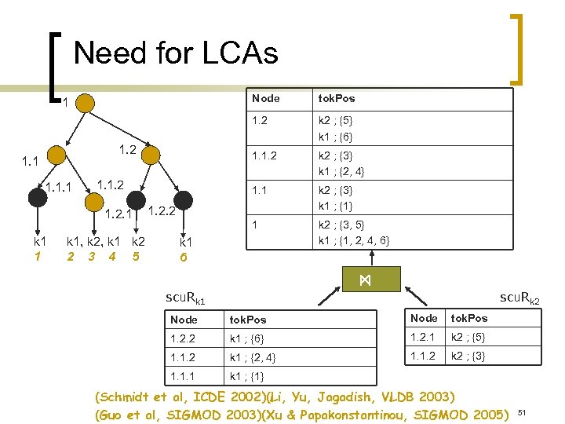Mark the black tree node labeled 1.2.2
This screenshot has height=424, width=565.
[x=182, y=198]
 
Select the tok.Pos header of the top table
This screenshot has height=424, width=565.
[x=336, y=98]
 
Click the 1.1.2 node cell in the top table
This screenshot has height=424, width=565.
[x=265, y=156]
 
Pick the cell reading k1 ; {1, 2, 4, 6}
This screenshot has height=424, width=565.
[x=353, y=239]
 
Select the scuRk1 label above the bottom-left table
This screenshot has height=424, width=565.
[x=185, y=299]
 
